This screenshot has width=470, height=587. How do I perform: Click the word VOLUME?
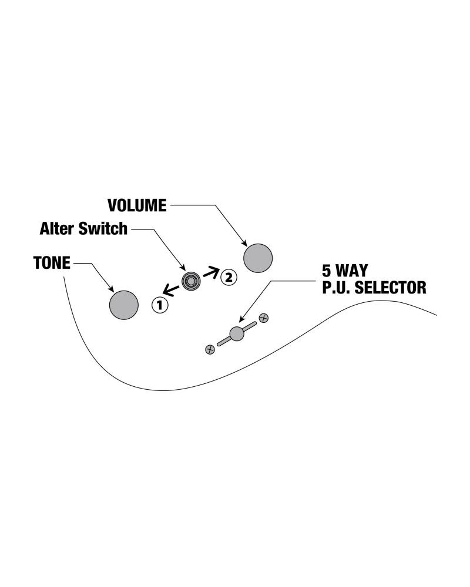coord(137,205)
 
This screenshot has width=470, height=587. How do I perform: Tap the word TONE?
coord(52,264)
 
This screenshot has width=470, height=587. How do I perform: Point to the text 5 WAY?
coord(344,271)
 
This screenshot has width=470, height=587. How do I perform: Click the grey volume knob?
coord(258,258)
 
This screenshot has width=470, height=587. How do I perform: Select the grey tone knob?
coord(124,305)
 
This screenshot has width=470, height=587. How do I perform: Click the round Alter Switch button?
coord(191,281)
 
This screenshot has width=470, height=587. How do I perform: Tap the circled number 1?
coord(159,305)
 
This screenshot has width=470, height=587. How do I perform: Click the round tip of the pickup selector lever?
coord(237,333)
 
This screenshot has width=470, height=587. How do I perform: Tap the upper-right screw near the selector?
coord(264,318)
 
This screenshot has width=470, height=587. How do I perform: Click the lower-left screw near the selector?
coord(210,350)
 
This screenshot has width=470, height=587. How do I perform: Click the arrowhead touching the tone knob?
coord(112,289)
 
